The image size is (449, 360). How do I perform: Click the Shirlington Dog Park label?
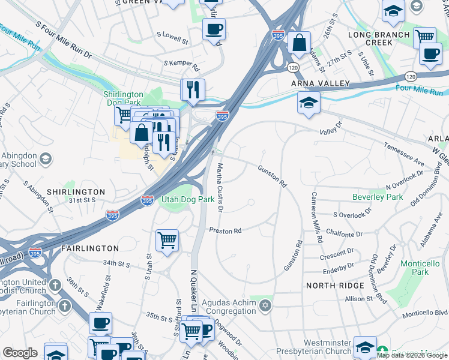123,98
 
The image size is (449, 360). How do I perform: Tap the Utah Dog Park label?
188,199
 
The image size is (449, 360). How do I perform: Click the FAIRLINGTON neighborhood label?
90,248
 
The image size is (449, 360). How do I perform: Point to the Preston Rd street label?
225,230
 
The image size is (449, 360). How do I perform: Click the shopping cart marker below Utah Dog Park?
167,241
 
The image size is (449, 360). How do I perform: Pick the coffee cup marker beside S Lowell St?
214,29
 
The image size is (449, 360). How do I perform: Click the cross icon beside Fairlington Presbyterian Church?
65,306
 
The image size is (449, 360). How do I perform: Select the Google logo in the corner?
20,353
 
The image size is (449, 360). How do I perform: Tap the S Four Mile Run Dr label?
63,41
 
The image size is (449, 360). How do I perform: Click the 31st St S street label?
82,200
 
